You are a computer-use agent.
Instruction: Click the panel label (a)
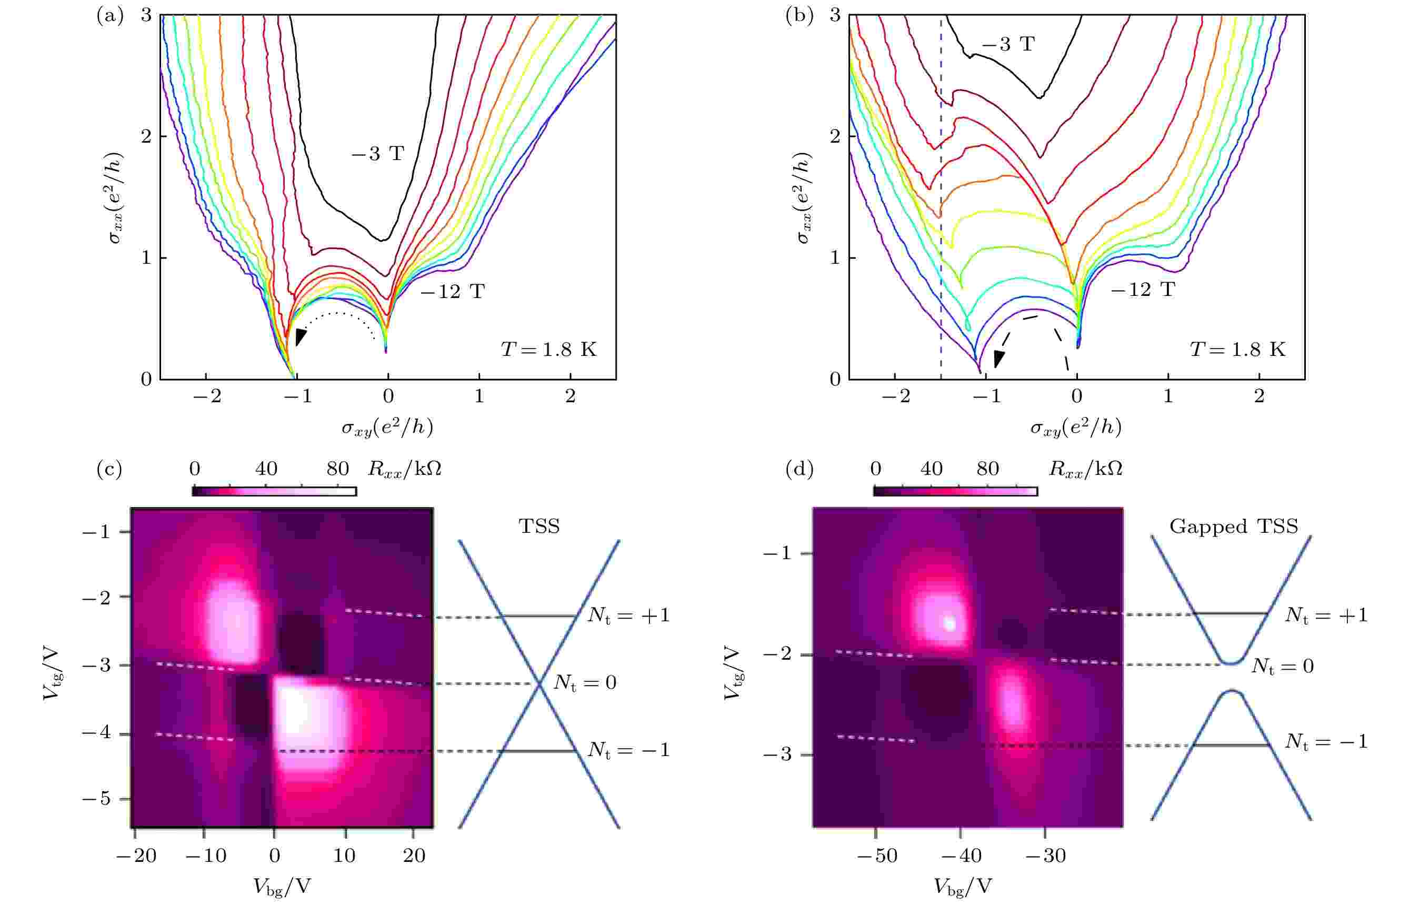pos(109,16)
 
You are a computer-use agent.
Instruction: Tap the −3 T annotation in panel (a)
pos(378,154)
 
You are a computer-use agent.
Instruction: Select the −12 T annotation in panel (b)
pos(1143,290)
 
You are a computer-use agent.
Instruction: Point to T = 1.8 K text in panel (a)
pos(548,350)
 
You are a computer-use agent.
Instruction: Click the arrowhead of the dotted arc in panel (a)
pos(300,336)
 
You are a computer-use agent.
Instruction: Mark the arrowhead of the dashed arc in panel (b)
pos(998,358)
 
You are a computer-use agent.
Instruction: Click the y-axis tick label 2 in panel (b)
pos(834,136)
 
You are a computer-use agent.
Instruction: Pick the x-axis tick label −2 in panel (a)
pos(207,397)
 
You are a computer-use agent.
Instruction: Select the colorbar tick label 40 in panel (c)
pos(266,469)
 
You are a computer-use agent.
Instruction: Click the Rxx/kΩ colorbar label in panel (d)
pos(1085,469)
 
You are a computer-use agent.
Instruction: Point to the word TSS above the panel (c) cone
pos(539,526)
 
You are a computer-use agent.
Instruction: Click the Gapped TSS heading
pos(1234,526)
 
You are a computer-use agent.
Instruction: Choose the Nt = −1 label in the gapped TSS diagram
pos(1326,741)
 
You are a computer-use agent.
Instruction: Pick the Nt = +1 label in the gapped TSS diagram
pos(1326,614)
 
